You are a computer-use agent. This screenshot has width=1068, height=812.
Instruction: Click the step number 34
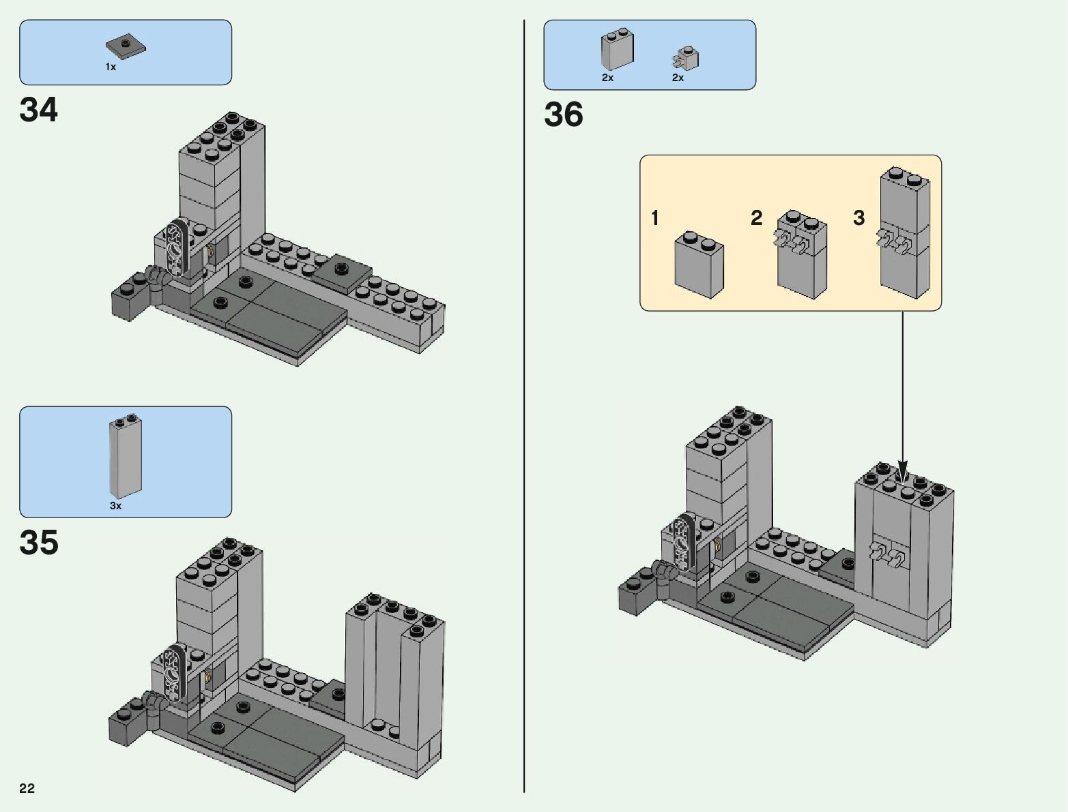[38, 109]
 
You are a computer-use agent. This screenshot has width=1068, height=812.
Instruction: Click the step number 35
[39, 542]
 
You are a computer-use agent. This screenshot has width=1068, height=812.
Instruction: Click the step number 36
[564, 115]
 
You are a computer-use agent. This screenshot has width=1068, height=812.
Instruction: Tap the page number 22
[27, 788]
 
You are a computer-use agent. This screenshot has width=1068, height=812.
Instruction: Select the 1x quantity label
[111, 67]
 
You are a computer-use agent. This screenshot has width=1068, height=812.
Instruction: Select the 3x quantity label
[115, 506]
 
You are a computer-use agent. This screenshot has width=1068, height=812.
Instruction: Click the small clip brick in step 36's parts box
[685, 59]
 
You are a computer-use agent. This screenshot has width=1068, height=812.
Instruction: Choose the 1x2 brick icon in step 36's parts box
[618, 48]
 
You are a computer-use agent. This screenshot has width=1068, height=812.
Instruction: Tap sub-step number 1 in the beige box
[655, 218]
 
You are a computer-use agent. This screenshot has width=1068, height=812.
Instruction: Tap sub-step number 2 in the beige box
[756, 217]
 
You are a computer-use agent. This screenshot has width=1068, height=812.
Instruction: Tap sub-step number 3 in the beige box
[858, 217]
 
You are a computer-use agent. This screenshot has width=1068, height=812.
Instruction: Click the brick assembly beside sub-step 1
[699, 265]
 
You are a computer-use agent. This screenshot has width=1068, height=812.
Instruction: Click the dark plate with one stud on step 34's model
[342, 273]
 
